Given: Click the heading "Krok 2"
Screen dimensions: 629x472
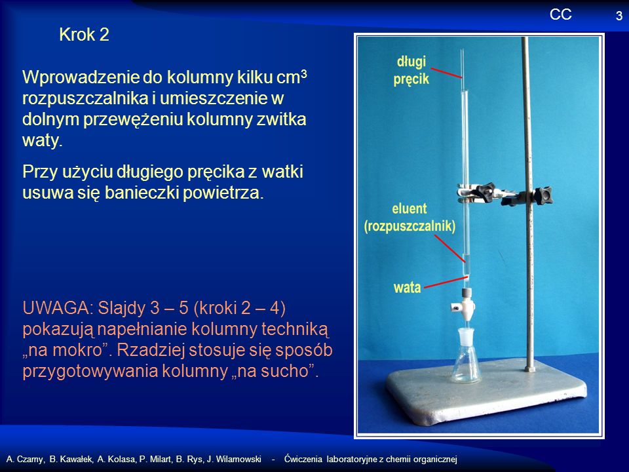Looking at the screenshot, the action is coord(84,35).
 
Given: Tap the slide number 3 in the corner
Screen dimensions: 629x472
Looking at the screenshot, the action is coord(619,16).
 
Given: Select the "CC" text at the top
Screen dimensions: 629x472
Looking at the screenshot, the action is coord(560,14).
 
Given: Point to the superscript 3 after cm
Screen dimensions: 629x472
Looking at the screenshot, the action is coord(303,73).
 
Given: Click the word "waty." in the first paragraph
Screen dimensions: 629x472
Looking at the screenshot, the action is coord(43,140).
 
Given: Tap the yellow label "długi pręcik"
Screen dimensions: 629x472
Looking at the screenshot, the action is coord(411,70).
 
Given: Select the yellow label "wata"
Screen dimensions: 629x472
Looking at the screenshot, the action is coord(407,287).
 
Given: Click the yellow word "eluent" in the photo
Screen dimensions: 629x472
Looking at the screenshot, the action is coord(410,208).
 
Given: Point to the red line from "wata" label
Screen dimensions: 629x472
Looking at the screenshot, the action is coord(446,282).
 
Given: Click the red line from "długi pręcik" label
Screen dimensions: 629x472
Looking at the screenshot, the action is coord(446,73).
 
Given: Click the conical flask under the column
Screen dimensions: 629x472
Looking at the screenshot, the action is coord(466,355).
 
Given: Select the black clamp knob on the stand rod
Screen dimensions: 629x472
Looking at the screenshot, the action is coord(544,196).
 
